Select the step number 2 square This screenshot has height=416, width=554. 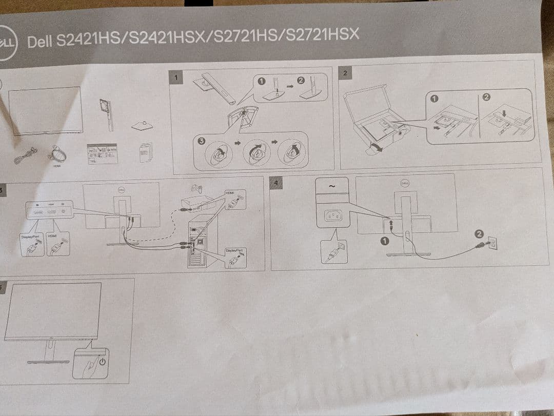tap(345, 73)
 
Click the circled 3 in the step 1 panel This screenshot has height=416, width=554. tap(201, 141)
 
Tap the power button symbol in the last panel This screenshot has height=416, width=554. tap(103, 361)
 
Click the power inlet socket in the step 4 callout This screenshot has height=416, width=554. tap(332, 217)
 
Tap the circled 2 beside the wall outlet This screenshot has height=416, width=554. tap(479, 234)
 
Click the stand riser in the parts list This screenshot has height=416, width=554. tap(108, 114)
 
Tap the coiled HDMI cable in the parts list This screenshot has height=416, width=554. tap(56, 154)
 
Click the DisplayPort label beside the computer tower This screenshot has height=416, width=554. tap(233, 250)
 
